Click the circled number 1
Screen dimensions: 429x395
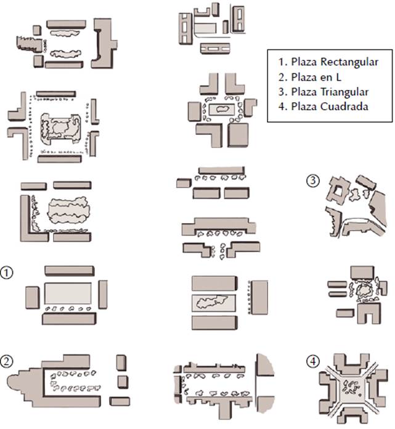[x=8, y=272]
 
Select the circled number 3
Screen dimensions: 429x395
[x=314, y=181]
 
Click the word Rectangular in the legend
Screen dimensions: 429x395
[x=344, y=62]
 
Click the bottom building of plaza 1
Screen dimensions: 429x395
[x=68, y=318]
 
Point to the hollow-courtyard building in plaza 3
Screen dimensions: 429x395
[x=338, y=191]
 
